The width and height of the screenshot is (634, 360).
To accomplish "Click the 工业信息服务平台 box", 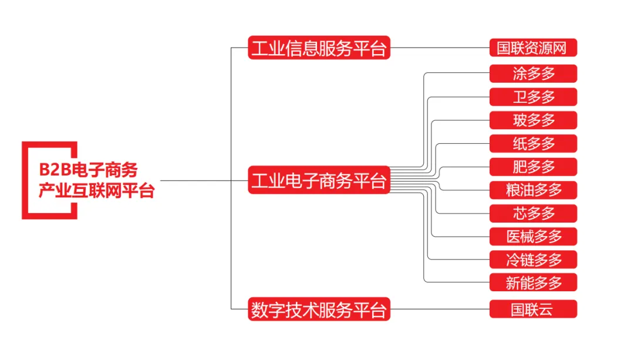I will click(319, 48).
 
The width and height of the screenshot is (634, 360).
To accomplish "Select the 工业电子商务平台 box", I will click(319, 180).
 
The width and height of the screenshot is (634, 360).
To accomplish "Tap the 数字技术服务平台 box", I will click(319, 309).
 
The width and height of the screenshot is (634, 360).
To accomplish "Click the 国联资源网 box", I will click(533, 48).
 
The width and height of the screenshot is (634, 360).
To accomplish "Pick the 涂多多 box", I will click(533, 73).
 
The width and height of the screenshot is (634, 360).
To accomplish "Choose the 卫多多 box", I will click(533, 97).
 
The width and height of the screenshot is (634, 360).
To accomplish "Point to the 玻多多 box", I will click(533, 120).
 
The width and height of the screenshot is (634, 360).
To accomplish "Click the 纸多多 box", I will click(533, 143).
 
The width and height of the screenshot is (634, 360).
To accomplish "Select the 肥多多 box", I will click(533, 167).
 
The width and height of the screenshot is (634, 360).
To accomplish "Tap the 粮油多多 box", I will click(533, 190).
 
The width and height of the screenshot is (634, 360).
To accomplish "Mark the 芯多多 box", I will click(533, 213).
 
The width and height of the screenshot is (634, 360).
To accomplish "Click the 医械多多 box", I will click(533, 236).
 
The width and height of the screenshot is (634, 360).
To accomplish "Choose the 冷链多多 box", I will click(533, 259).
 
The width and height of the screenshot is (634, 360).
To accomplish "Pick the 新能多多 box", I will click(533, 282).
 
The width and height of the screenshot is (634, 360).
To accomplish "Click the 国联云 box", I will click(533, 309).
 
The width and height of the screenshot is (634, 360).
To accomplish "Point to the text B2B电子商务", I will click(89, 170).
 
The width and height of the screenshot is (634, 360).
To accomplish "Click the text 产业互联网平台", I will click(96, 191).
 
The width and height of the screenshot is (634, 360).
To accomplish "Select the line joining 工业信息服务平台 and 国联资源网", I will click(440, 48).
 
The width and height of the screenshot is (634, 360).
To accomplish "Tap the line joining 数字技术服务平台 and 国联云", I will click(440, 309).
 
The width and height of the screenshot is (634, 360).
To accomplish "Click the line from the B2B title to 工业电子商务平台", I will click(203, 180).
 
